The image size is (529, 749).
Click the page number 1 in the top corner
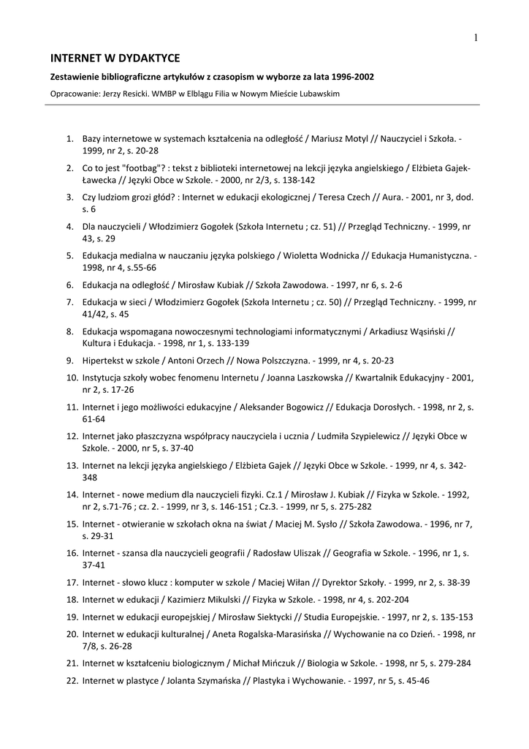475,38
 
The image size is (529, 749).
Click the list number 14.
72,494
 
